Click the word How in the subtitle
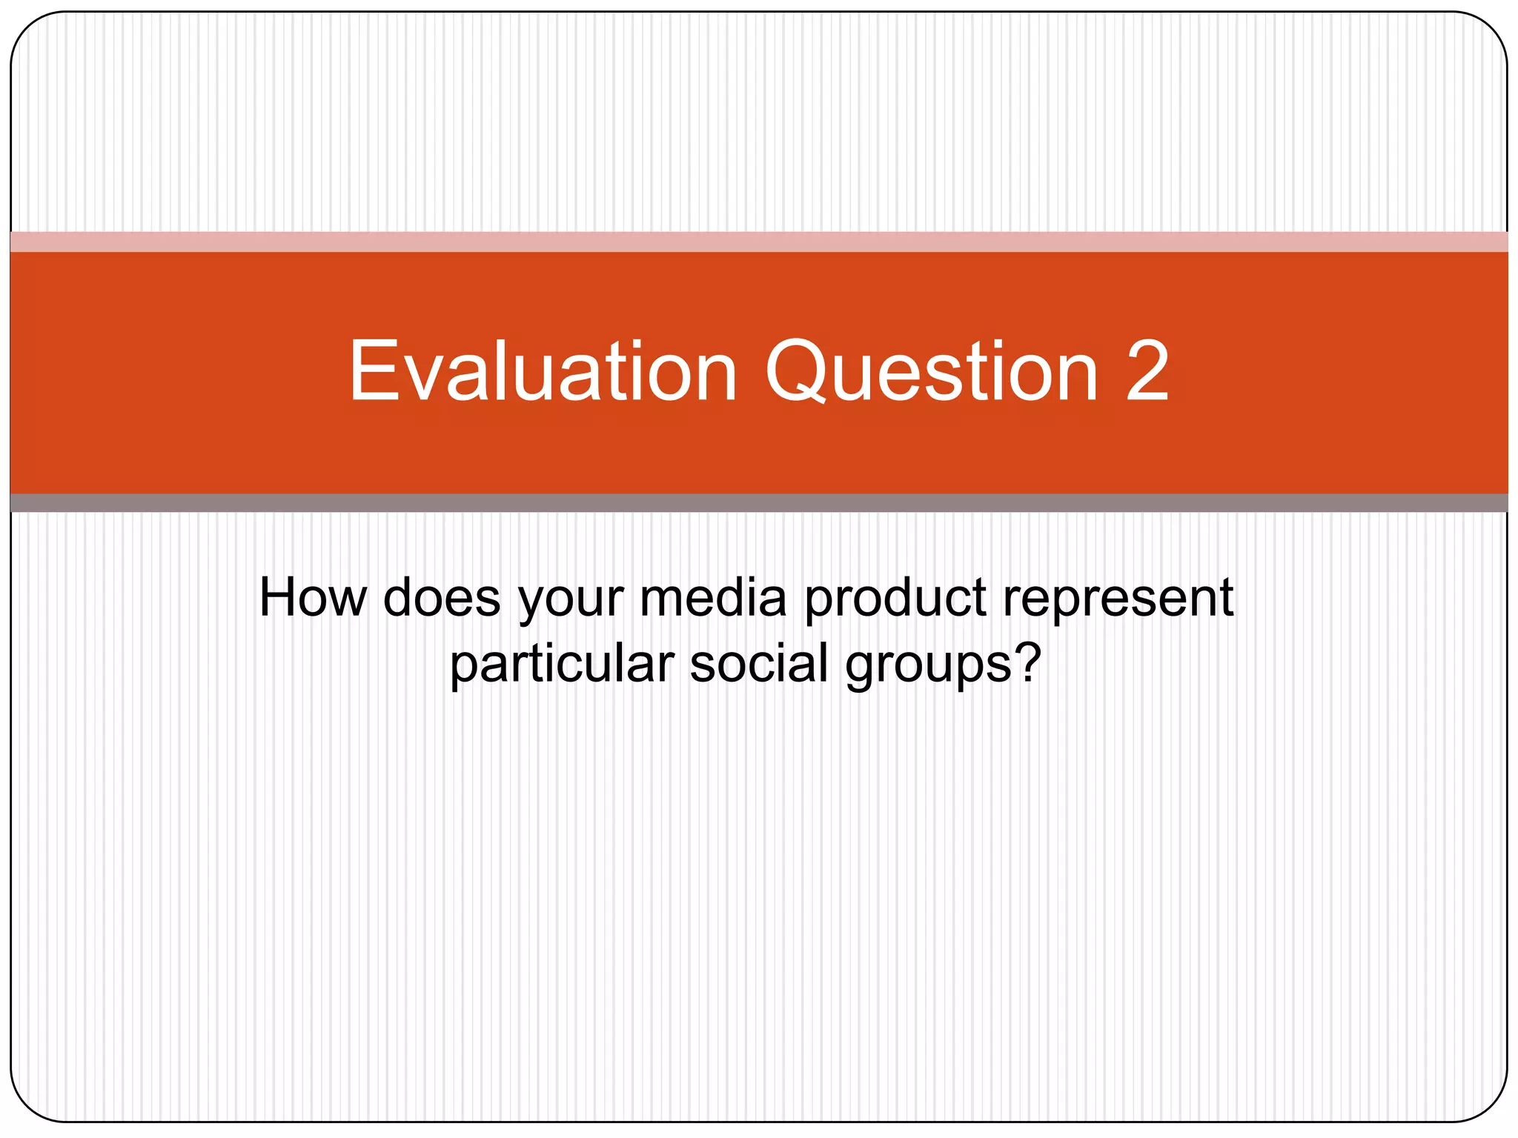[312, 597]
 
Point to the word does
[442, 597]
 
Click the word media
[712, 597]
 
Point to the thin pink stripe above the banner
[759, 242]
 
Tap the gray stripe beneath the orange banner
[759, 503]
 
